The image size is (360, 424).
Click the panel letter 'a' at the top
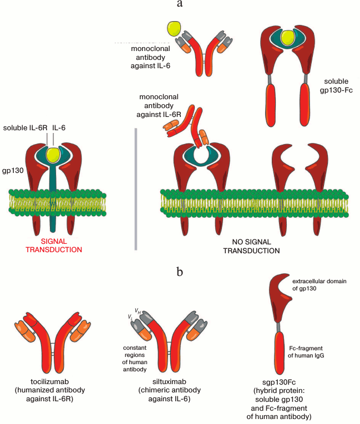pyautogui.click(x=180, y=4)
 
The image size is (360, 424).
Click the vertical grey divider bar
pyautogui.click(x=136, y=188)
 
